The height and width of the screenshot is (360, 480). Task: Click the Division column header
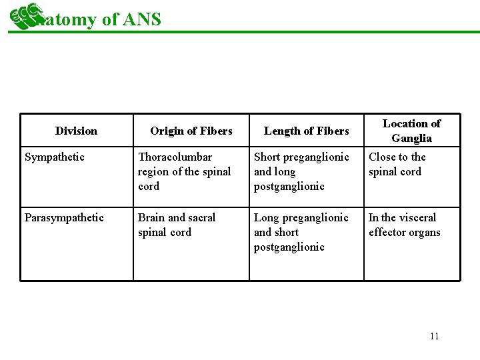pyautogui.click(x=76, y=131)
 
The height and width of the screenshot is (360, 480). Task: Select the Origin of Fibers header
pyautogui.click(x=191, y=131)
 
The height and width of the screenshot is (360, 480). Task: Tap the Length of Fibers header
pyautogui.click(x=307, y=131)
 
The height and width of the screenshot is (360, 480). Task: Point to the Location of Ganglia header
pyautogui.click(x=411, y=131)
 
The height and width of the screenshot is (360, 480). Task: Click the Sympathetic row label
pyautogui.click(x=55, y=157)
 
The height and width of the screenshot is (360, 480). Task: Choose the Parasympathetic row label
pyautogui.click(x=64, y=218)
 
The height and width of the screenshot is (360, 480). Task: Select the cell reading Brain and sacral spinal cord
pyautogui.click(x=177, y=225)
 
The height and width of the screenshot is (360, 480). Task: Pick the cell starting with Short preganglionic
pyautogui.click(x=301, y=171)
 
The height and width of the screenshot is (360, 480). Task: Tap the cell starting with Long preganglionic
pyautogui.click(x=301, y=232)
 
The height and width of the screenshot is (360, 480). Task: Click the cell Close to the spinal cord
pyautogui.click(x=397, y=164)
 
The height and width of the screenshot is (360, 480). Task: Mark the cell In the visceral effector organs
pyautogui.click(x=404, y=225)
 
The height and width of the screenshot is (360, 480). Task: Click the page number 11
pyautogui.click(x=435, y=336)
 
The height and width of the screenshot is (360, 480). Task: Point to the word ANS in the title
pyautogui.click(x=142, y=19)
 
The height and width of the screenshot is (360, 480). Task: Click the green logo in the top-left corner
pyautogui.click(x=22, y=16)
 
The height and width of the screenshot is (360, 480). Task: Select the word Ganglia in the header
pyautogui.click(x=412, y=139)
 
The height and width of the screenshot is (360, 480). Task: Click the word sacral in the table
pyautogui.click(x=202, y=217)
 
